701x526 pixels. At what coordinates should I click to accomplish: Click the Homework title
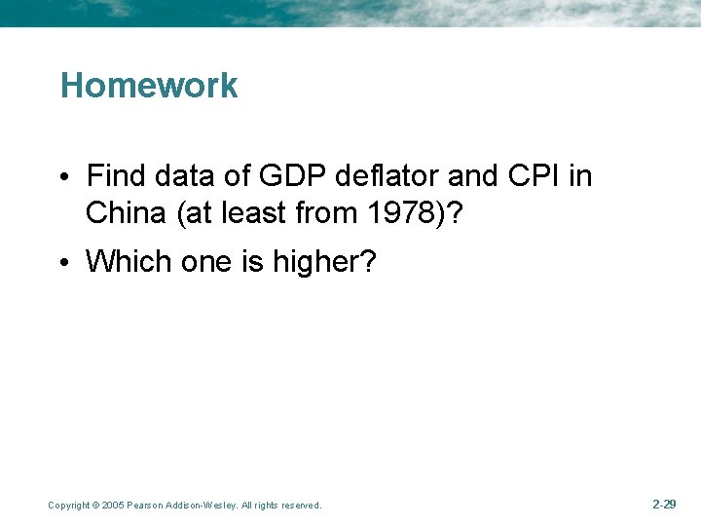coord(149,86)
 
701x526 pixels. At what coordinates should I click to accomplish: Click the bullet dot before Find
coord(62,177)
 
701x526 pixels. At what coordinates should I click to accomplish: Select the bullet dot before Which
coord(62,262)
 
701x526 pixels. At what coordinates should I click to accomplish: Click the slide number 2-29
coord(664,505)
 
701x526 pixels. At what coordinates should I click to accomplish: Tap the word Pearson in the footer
coord(145,506)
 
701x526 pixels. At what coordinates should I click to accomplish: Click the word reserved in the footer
coord(298,506)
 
